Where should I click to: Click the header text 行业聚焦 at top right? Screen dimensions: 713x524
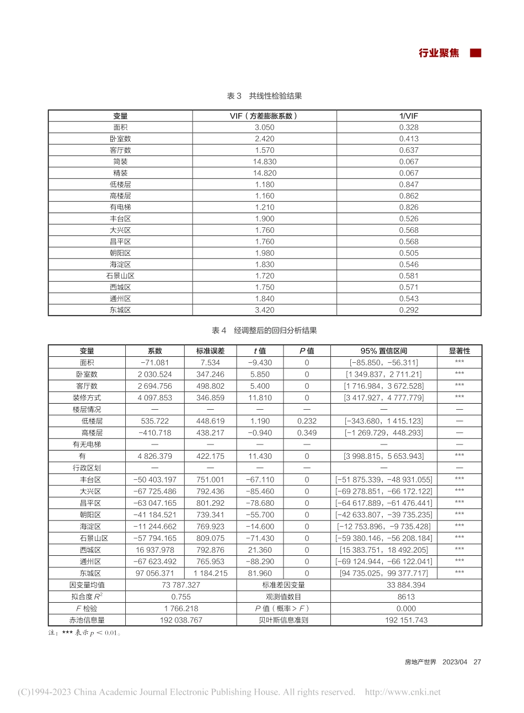coord(439,53)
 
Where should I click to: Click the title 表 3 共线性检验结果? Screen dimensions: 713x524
coord(264,96)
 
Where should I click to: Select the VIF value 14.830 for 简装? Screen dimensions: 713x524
coord(264,162)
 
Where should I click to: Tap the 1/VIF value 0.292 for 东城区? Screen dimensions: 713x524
coord(409,310)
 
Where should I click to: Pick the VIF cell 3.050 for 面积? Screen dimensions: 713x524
coord(264,127)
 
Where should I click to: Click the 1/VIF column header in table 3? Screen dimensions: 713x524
coord(409,116)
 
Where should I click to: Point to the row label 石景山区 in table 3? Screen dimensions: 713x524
coord(120,276)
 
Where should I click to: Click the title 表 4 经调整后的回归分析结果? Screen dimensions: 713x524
coord(264,331)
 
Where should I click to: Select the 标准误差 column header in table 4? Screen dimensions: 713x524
coord(210,351)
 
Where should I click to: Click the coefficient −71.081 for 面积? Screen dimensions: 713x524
coord(155,363)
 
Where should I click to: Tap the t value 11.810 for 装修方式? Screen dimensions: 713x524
coord(260,398)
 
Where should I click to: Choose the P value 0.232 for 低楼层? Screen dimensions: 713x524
coord(307,421)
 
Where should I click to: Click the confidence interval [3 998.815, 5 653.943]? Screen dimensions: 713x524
coord(384,456)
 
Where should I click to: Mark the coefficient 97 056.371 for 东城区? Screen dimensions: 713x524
coord(155,573)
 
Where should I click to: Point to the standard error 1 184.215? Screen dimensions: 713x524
coord(210,573)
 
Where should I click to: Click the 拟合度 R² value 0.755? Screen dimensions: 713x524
coord(181,597)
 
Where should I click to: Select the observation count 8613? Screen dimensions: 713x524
coord(406,597)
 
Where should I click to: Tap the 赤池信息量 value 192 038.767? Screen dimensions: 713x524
coord(181,620)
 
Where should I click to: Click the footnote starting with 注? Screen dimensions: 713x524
coord(85,633)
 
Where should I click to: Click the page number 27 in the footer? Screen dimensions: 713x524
coord(477,662)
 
